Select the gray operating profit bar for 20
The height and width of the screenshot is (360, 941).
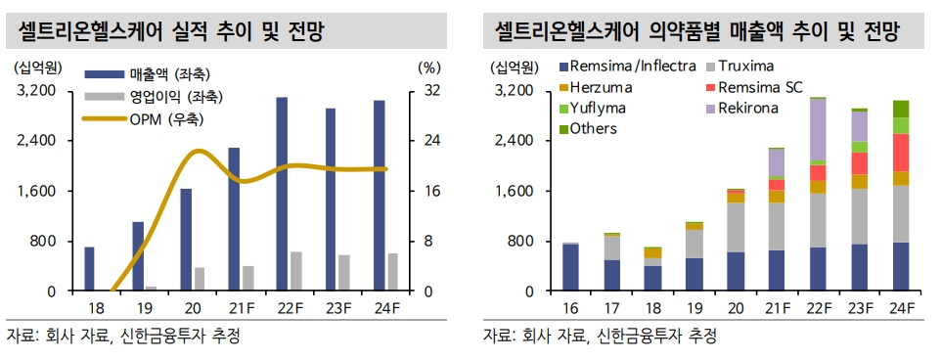tap(200, 279)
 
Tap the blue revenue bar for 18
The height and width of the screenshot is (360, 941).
tap(89, 269)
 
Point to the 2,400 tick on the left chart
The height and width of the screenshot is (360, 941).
tap(38, 141)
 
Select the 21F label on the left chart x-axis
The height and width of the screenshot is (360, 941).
tap(234, 309)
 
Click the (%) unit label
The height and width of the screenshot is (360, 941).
tap(429, 68)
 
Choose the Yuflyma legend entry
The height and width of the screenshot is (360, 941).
tap(598, 108)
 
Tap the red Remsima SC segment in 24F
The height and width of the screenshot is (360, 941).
tap(901, 153)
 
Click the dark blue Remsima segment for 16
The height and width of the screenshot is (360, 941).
tap(570, 267)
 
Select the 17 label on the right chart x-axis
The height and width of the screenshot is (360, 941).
tap(611, 309)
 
